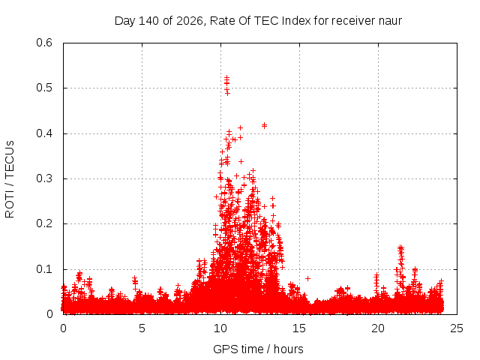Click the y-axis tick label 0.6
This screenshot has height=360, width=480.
pos(44,43)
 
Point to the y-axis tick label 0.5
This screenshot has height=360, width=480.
pos(44,88)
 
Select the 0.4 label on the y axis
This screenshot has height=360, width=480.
pos(44,133)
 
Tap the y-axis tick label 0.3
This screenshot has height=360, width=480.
pos(44,178)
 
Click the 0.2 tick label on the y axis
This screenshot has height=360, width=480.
pos(44,223)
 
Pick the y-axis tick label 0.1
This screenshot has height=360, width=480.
pos(44,269)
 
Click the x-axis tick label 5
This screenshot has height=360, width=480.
pos(142,328)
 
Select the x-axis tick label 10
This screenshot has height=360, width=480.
pos(220,328)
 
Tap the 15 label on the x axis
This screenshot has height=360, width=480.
pos(299,328)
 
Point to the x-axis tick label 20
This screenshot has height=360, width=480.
pos(378,328)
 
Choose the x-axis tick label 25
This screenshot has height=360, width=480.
pos(457,328)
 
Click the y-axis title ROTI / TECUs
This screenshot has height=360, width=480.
pos(10,179)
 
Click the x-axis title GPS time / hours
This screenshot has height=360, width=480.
pos(258,349)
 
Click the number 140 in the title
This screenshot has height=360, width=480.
pos(148,21)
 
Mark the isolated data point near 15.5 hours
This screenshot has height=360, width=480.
pos(308,278)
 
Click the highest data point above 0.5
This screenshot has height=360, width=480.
pos(226,78)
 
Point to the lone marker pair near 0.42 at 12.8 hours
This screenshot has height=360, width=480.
pos(265,125)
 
